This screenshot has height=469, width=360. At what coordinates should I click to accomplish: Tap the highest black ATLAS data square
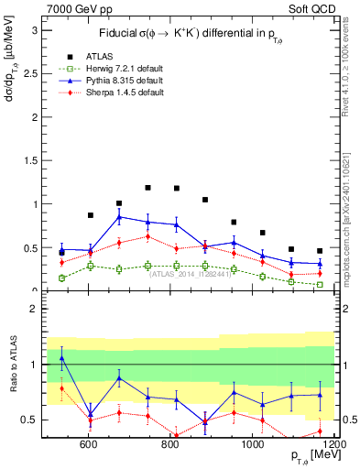tap(147, 188)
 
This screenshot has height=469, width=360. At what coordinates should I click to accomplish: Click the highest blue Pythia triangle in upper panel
tap(119, 217)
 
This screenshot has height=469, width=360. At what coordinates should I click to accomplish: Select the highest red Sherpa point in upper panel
tap(147, 236)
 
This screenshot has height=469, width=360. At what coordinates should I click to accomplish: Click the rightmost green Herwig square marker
tap(320, 285)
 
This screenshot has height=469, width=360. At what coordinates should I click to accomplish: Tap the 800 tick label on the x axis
tap(170, 445)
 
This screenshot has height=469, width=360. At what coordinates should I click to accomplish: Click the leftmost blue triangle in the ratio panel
tap(61, 358)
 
